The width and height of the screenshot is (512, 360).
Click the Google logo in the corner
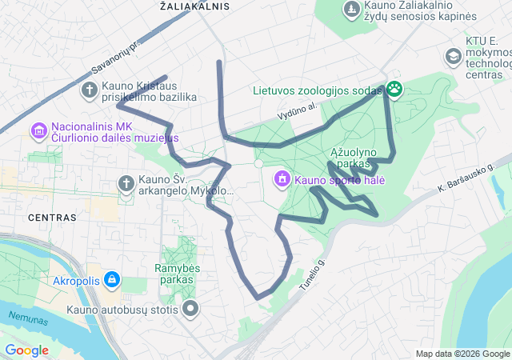(26, 350)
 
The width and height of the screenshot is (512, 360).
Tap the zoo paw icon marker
(394, 90)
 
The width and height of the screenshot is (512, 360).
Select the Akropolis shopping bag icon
(112, 280)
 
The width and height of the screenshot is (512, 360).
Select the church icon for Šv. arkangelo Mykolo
(126, 184)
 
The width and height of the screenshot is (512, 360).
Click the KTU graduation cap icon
(453, 57)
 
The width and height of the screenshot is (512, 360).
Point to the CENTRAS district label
(52, 217)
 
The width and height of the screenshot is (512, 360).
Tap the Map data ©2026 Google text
(462, 354)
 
